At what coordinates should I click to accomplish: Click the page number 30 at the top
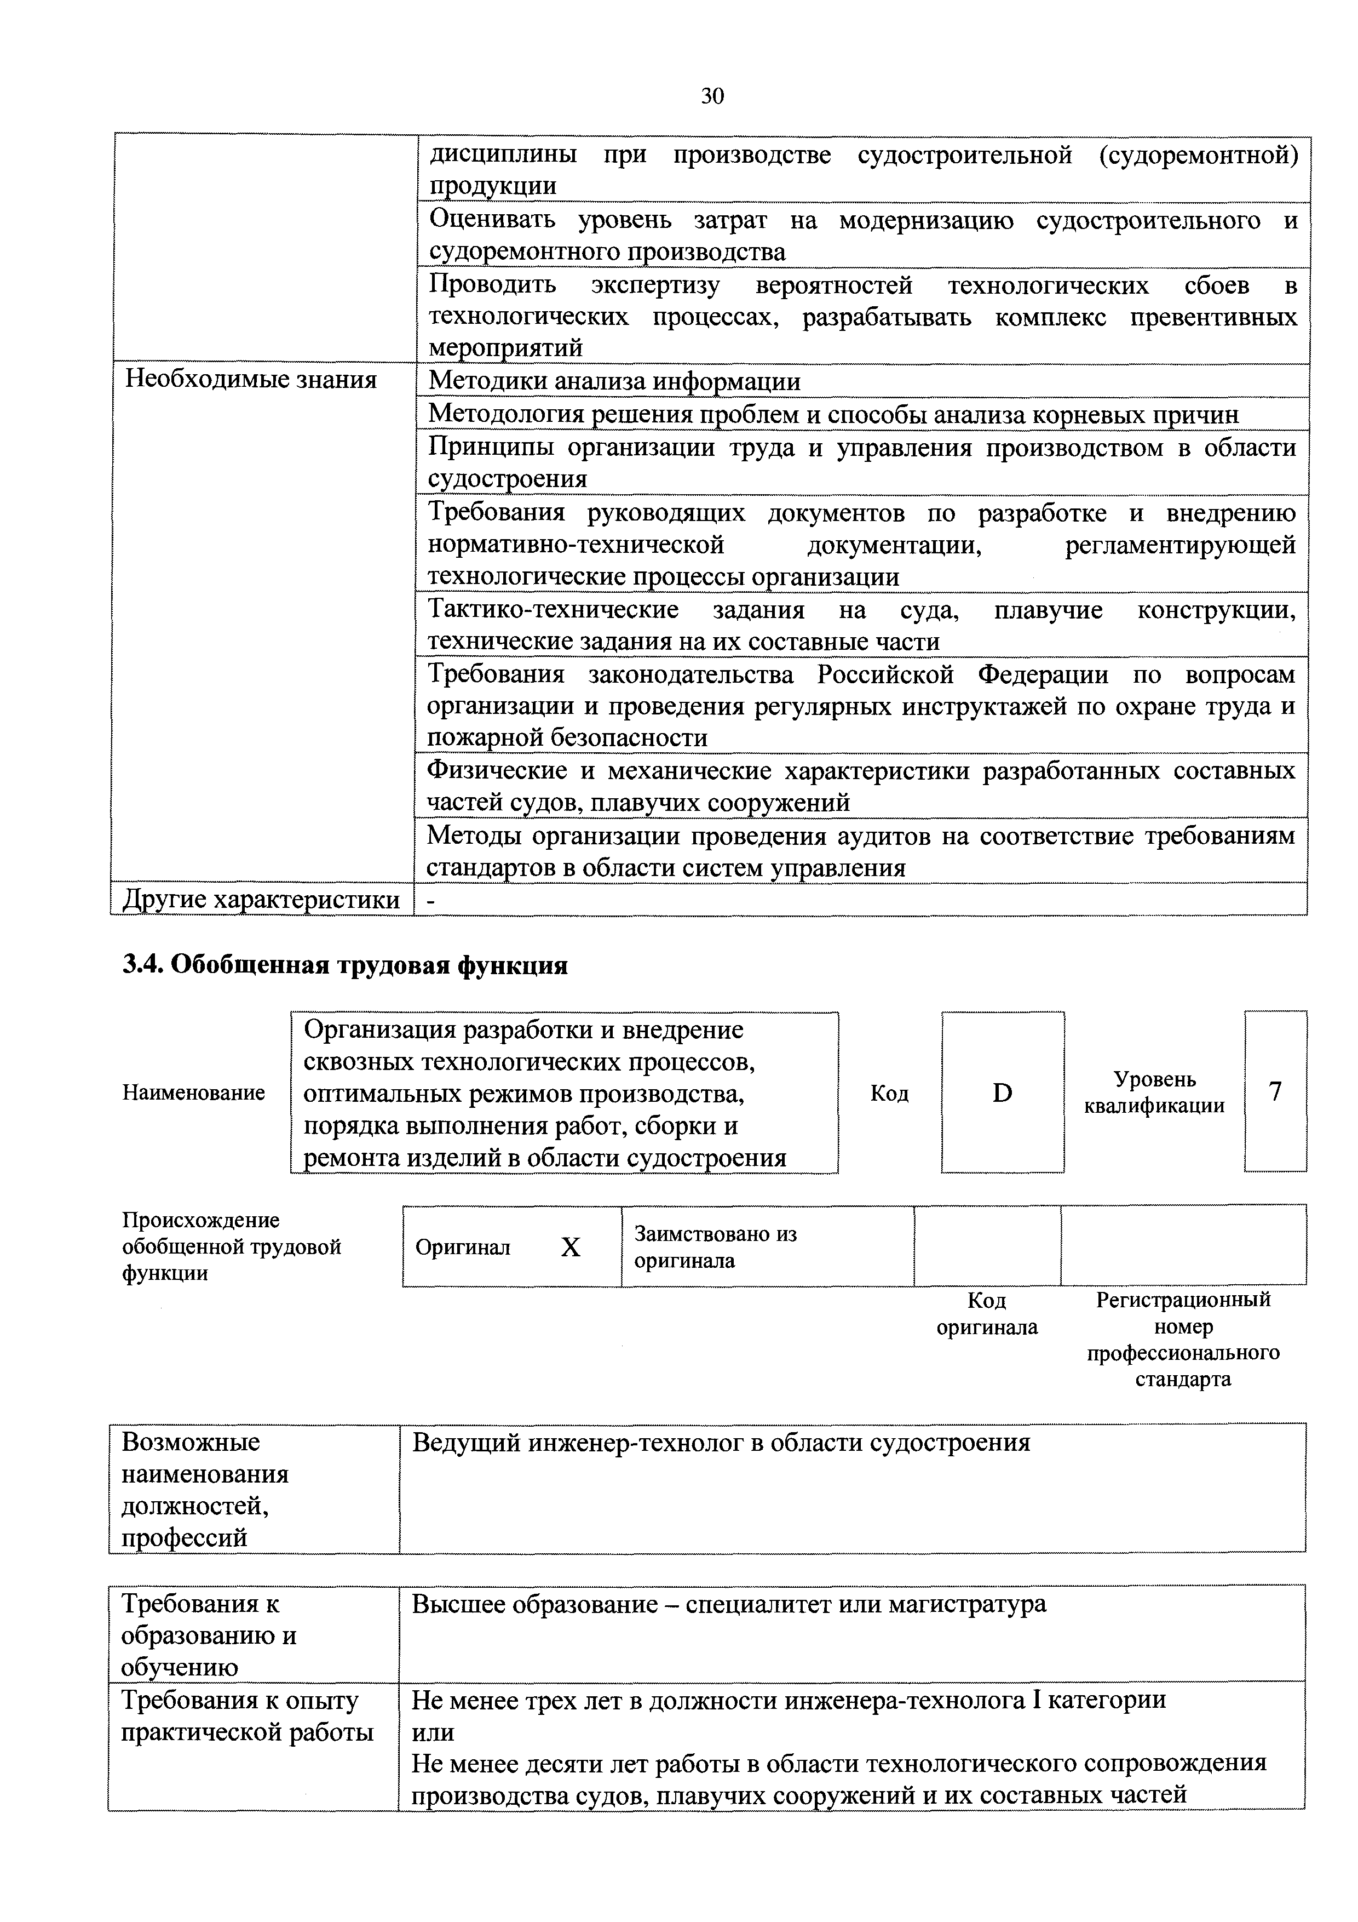click(712, 97)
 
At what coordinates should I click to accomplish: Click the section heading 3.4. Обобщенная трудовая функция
click(345, 965)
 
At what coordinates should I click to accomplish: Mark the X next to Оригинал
click(570, 1248)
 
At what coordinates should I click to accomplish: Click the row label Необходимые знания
click(251, 380)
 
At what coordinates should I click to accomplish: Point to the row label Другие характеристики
click(261, 900)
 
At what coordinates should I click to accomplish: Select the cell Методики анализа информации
click(614, 382)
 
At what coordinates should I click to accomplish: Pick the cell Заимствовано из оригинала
click(715, 1246)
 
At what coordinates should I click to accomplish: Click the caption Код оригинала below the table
click(987, 1313)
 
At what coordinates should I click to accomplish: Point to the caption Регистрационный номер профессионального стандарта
click(1183, 1340)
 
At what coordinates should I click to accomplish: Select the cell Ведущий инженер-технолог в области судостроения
click(721, 1443)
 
